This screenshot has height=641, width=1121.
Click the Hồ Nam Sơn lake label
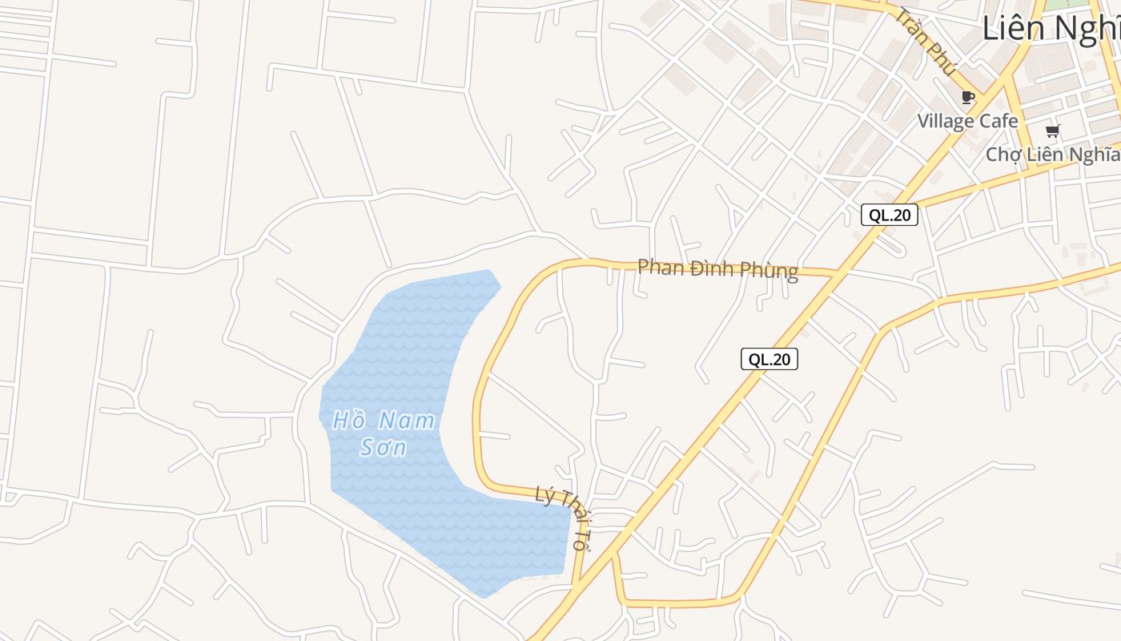pos(384,433)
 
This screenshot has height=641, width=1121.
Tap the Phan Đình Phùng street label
pos(717,269)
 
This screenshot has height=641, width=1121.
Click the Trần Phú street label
pos(926,42)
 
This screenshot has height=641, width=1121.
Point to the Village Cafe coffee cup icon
pos(967,98)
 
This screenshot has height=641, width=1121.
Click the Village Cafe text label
pos(967,121)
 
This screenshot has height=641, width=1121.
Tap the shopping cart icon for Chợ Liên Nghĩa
pos(1052,131)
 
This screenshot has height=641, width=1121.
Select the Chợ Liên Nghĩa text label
pos(1052,154)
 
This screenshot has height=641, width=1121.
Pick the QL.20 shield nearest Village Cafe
pos(890,215)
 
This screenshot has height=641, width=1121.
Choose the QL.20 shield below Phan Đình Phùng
pos(769,359)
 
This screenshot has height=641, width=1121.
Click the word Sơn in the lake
pos(384,447)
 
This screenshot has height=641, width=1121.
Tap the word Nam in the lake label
pos(406,420)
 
